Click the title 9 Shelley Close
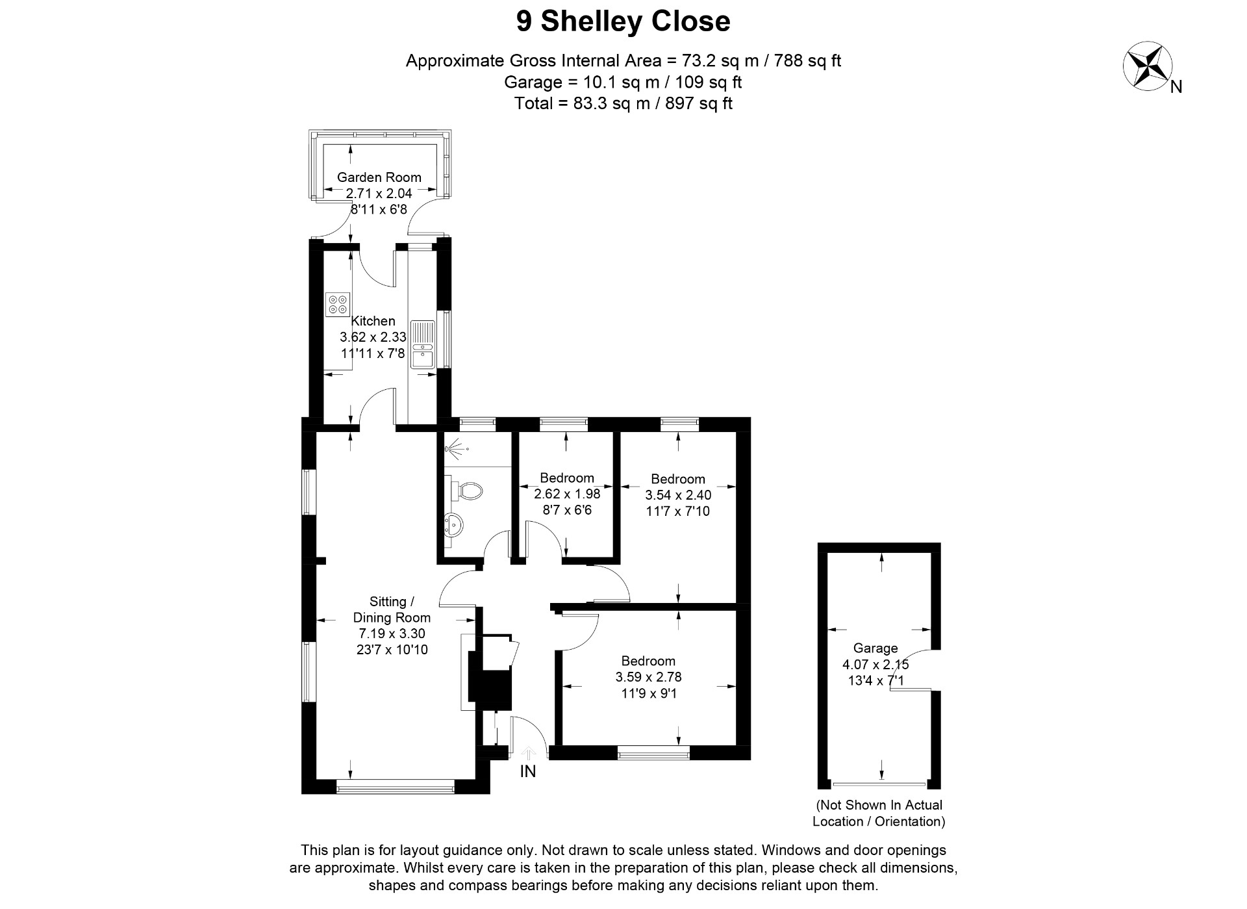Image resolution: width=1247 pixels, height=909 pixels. [x=623, y=21]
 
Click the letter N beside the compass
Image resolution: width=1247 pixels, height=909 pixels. [x=1176, y=87]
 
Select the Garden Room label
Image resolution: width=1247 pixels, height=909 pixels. [x=379, y=177]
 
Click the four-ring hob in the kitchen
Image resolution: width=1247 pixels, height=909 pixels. [x=338, y=304]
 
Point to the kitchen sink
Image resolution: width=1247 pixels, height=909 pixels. [x=423, y=345]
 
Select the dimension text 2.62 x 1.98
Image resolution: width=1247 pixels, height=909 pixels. [x=567, y=494]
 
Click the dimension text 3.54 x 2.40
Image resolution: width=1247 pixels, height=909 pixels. [x=678, y=495]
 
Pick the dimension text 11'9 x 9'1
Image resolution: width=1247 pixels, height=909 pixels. [x=648, y=693]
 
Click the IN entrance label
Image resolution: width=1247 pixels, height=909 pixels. [x=527, y=772]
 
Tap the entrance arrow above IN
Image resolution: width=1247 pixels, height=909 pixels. [x=528, y=753]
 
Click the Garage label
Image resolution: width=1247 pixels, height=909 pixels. [x=875, y=648]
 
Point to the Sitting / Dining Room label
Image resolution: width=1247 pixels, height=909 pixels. [x=392, y=609]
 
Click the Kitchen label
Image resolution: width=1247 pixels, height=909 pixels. [x=373, y=321]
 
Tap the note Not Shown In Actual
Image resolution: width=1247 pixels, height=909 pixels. [x=879, y=805]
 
